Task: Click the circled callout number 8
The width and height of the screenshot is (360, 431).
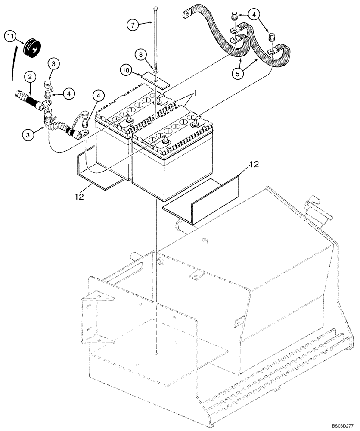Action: coord(140,55)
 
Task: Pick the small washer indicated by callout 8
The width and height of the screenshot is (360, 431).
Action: coord(155,71)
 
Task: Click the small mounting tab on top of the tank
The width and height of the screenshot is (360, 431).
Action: coord(198,272)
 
